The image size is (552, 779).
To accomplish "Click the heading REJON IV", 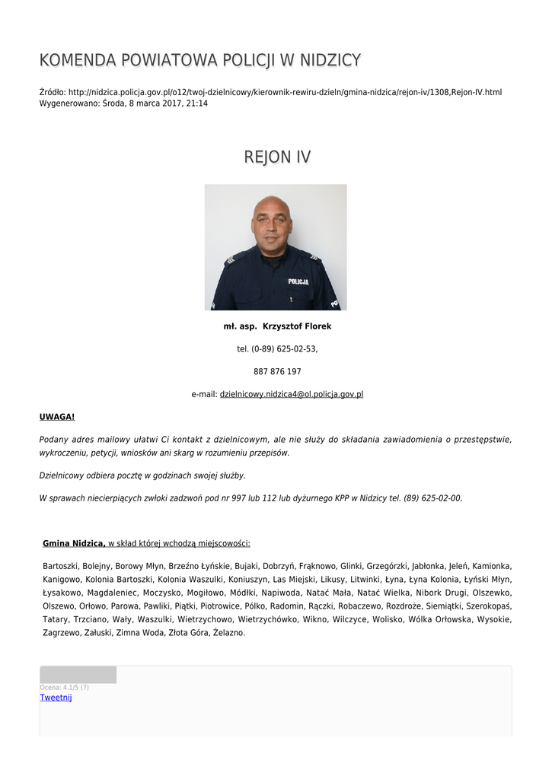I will pos(276,157).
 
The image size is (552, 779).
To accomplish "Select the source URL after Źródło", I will pos(285,92).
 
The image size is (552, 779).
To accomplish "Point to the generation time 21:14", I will pos(197,103).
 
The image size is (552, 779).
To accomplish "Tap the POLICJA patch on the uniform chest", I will pos(298,281).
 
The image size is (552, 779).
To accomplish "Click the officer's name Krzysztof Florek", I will pos(297,326).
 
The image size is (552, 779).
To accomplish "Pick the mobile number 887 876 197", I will pos(276,372).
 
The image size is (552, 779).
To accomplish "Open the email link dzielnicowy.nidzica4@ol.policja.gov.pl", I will pos(291,395).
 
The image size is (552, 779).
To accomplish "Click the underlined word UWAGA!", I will pos(57,417).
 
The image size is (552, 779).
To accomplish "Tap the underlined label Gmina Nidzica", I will pos(74,543).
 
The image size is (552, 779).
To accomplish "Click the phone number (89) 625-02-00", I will pos(432,498).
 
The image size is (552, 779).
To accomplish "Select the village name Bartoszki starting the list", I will pos(62,566).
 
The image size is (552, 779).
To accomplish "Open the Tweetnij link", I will pos(56,698).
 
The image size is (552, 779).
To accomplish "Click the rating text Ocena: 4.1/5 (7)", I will pos(64,687).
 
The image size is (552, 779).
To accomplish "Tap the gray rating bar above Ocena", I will pos(78,675).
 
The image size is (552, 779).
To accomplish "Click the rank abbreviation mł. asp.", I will pos(239,326).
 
